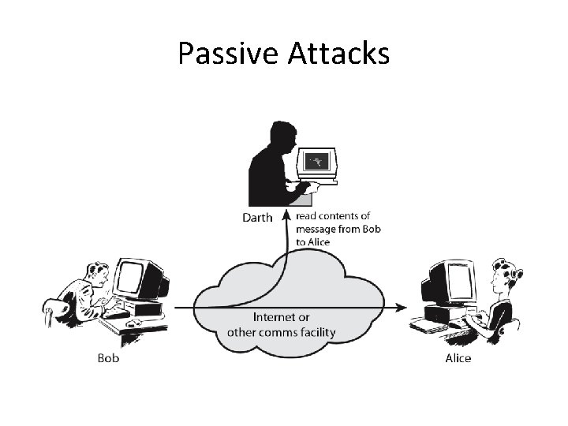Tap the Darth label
tap(256, 217)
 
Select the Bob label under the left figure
tap(108, 358)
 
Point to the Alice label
tap(458, 358)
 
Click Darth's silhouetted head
tap(281, 136)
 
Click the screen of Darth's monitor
tap(317, 162)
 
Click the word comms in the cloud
tap(275, 331)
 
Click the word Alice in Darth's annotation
tap(318, 241)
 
